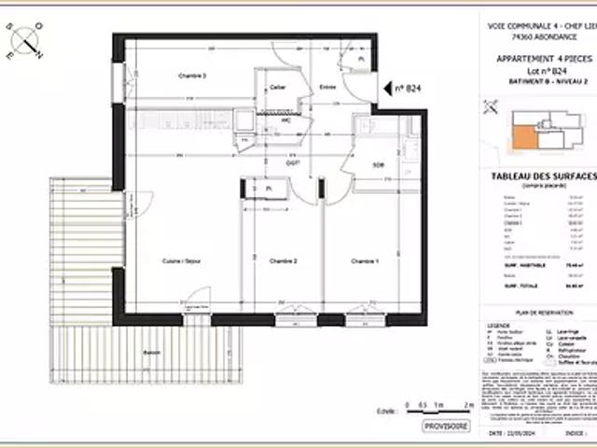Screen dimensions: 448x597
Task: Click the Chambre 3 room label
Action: click(192, 76)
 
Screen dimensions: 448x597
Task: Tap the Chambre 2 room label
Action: click(282, 260)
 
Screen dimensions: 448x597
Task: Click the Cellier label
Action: click(277, 88)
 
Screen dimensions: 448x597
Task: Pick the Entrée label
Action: click(327, 88)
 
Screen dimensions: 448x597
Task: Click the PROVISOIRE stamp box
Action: click(446, 426)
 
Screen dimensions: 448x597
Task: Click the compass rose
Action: click(28, 41)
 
